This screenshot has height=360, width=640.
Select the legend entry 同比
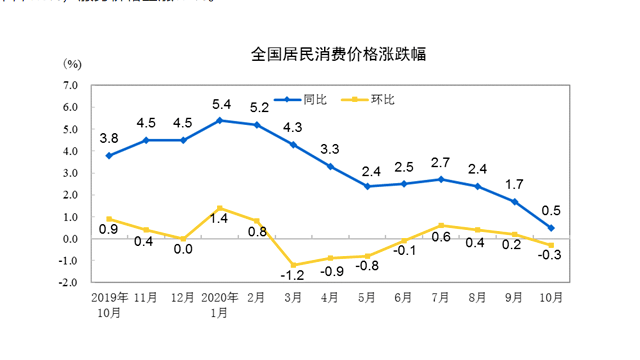coord(311,100)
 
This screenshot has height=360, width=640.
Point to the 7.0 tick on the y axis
coord(70,86)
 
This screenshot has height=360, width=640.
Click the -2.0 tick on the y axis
coord(68,282)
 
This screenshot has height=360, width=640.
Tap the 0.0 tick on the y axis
coord(70,239)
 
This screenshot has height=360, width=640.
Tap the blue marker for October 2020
coord(551,228)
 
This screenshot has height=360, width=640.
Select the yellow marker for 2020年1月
coord(221,208)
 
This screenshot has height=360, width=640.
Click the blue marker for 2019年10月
coord(108,156)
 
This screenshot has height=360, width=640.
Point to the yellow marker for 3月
coord(294,265)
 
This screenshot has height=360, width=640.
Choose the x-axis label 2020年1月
coord(220,304)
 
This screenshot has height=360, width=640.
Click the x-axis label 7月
coord(441,298)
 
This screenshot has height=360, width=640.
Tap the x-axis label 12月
coord(184,298)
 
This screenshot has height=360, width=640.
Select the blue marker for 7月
coord(441,180)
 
